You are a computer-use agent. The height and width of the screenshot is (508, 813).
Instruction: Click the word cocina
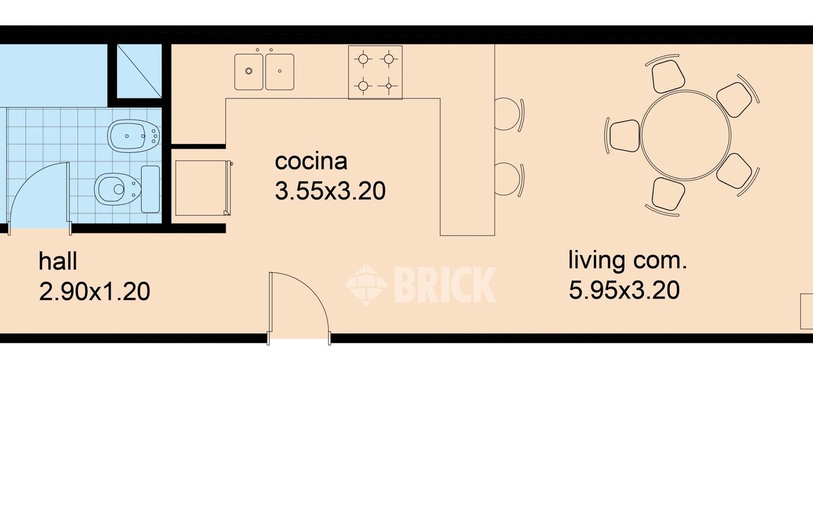tap(311, 162)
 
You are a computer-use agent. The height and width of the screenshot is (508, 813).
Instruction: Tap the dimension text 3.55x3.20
tap(330, 191)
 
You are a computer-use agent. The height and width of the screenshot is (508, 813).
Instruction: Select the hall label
tap(58, 261)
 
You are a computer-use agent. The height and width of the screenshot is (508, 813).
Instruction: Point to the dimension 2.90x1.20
tap(95, 291)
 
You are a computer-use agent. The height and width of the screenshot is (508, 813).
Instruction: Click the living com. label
tap(628, 260)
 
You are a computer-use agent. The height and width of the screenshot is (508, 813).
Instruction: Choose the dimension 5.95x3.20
tap(624, 290)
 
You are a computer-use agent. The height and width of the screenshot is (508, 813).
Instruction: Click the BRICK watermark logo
tap(420, 285)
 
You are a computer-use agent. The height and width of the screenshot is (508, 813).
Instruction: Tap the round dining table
tap(685, 135)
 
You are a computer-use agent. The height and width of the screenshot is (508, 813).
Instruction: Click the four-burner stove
tap(375, 72)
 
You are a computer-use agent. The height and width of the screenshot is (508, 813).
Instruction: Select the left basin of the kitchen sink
tap(248, 72)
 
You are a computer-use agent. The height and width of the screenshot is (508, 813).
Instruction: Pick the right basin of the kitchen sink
tap(280, 72)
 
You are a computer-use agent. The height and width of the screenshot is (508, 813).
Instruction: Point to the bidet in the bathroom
tap(133, 136)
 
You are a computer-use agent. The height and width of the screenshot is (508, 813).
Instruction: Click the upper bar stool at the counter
tap(509, 114)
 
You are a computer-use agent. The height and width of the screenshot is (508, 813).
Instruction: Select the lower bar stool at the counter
tap(509, 179)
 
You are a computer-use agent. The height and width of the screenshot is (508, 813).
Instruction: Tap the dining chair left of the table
tap(623, 136)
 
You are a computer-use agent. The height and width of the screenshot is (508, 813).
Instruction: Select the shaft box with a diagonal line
tap(139, 71)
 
